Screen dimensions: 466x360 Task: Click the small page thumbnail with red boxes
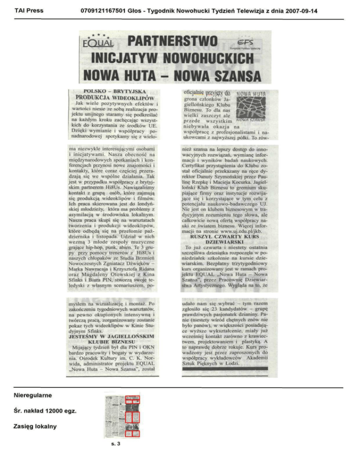[120, 415]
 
